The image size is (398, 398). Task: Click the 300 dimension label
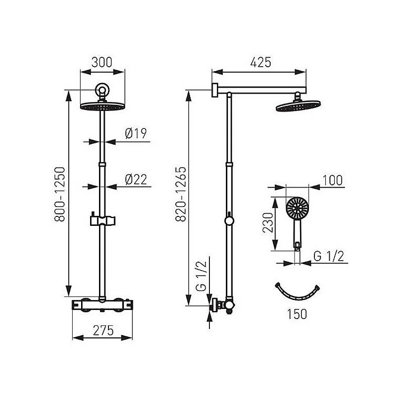pyautogui.click(x=101, y=63)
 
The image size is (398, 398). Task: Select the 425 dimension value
pyautogui.click(x=261, y=63)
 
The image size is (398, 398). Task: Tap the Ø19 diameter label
pyautogui.click(x=136, y=133)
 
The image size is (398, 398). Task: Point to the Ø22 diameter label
pyautogui.click(x=136, y=180)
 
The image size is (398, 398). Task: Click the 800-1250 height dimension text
pyautogui.click(x=60, y=195)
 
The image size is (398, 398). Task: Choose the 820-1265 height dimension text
pyautogui.click(x=181, y=195)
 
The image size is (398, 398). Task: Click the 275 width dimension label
pyautogui.click(x=103, y=330)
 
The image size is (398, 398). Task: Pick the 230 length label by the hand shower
pyautogui.click(x=268, y=223)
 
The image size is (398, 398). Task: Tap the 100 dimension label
pyautogui.click(x=332, y=180)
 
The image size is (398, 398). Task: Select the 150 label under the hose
pyautogui.click(x=297, y=314)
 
